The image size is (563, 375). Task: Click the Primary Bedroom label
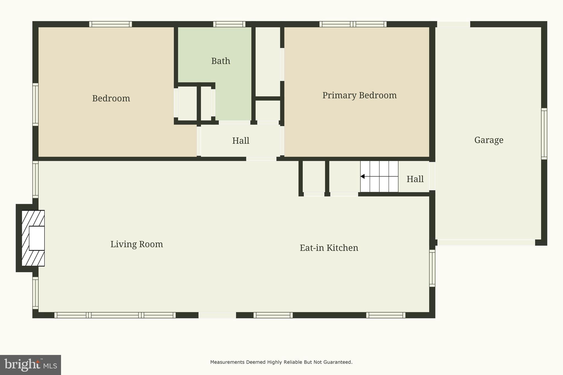[x=359, y=95]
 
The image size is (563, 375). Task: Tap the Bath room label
[x=220, y=61]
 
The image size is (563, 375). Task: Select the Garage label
[x=489, y=140]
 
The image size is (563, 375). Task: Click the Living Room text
[x=137, y=244]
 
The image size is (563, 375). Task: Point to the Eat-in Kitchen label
[x=329, y=248]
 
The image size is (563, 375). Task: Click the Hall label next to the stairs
[x=415, y=179]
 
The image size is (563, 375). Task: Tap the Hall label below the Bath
[x=241, y=141]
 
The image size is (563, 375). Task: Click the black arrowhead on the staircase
[x=363, y=176]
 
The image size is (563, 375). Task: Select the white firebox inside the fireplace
[x=37, y=238]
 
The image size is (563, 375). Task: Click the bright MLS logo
[x=30, y=365]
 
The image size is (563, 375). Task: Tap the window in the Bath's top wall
[x=229, y=24]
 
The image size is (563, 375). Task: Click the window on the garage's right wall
[x=544, y=134]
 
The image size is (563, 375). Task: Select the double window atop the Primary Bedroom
[x=353, y=24]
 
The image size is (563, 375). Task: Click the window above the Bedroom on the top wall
[x=110, y=24]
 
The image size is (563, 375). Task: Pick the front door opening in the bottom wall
[x=217, y=315]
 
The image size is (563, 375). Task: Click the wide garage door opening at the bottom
[x=486, y=242]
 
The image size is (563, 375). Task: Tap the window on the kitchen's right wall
[x=432, y=268]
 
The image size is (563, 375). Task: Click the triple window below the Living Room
[x=115, y=315]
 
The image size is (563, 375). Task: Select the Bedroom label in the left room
[x=111, y=98]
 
